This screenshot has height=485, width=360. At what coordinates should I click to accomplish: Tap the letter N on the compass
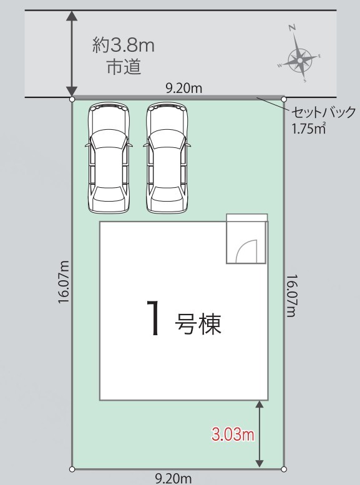tap(292, 28)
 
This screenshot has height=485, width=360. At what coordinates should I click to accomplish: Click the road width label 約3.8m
tap(124, 46)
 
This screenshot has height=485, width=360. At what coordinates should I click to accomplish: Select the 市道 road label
tap(124, 67)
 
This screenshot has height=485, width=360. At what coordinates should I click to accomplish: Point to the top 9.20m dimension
tap(183, 89)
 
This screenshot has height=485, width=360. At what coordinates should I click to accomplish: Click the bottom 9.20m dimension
tap(173, 479)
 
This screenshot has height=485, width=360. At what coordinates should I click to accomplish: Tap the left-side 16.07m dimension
tap(64, 282)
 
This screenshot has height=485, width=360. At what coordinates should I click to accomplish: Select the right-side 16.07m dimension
tap(291, 296)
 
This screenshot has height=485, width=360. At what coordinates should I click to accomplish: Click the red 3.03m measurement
tap(233, 434)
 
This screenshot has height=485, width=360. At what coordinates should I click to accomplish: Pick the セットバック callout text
tap(324, 112)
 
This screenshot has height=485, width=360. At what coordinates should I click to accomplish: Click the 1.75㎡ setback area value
tap(308, 129)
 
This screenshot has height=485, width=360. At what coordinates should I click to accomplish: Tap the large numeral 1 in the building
tap(153, 318)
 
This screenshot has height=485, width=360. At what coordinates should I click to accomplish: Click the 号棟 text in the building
tap(198, 324)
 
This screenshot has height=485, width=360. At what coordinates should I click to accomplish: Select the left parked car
tap(108, 158)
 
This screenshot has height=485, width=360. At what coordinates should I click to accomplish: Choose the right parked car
tap(167, 158)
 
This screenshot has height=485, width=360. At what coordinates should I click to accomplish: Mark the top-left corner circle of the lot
tap(72, 99)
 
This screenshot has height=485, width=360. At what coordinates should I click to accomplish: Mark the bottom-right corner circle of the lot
tap(284, 469)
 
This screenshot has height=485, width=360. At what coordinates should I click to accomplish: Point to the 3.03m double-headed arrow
tap(260, 434)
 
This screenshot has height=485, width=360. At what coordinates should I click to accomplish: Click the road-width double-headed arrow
tap(72, 54)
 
